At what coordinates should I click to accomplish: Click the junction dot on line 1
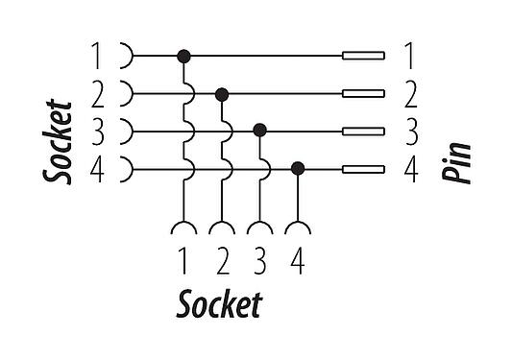(183, 57)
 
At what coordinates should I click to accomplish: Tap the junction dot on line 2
(222, 94)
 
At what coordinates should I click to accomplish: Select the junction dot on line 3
(259, 131)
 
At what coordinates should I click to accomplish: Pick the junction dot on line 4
(298, 168)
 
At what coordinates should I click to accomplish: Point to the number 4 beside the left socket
(96, 169)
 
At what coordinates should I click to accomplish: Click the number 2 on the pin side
(410, 94)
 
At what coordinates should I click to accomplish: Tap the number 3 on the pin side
(410, 132)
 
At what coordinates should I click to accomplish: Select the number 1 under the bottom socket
(183, 262)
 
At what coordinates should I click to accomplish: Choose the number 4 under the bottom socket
(297, 262)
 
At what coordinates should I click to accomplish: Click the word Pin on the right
(457, 162)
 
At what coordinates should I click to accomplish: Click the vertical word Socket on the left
(59, 139)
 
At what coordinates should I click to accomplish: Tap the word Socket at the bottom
(219, 306)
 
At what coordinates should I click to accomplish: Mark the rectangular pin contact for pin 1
(364, 57)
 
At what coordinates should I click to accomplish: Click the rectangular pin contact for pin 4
(364, 169)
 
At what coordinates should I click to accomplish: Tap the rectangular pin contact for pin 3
(364, 132)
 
